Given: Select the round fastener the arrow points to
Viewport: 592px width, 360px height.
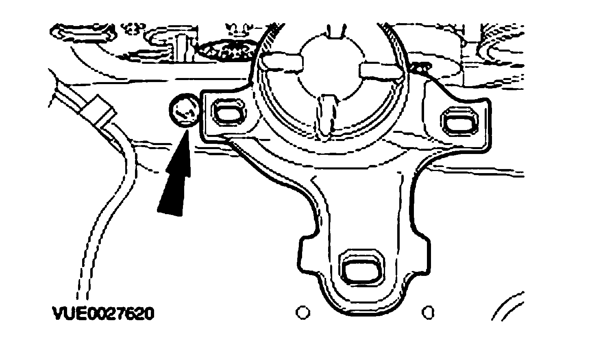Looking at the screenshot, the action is pyautogui.click(x=183, y=110).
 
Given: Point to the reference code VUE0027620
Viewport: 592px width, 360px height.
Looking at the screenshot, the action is pyautogui.click(x=103, y=314).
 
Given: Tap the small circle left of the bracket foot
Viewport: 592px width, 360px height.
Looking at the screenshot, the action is pyautogui.click(x=302, y=312).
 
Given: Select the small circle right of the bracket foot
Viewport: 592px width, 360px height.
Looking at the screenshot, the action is pyautogui.click(x=428, y=312).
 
